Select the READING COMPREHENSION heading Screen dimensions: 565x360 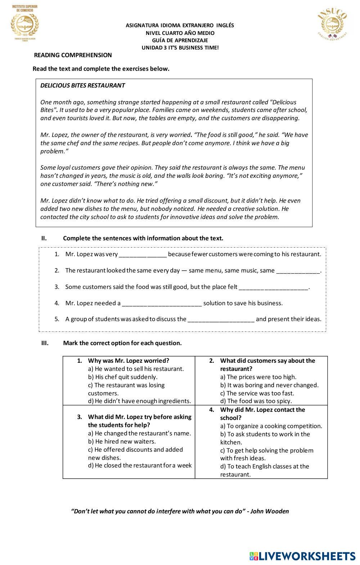(x=73, y=55)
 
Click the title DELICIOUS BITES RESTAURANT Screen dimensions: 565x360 (x=82, y=85)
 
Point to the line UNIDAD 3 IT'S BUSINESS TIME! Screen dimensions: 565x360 (x=180, y=48)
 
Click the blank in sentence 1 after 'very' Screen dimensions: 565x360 (x=143, y=254)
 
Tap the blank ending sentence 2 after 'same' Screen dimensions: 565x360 (x=298, y=271)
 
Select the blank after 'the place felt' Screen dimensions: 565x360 (x=274, y=287)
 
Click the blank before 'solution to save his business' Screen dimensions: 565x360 (x=162, y=303)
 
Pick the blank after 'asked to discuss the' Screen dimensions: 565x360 (x=221, y=319)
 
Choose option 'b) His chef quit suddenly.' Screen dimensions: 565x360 (x=123, y=377)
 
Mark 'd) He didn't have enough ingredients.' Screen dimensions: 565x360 (x=139, y=401)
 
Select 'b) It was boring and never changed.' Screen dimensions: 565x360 (x=269, y=385)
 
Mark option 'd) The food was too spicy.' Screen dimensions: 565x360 (x=256, y=401)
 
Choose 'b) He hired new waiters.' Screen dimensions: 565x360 (x=122, y=442)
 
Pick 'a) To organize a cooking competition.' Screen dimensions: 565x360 (x=271, y=426)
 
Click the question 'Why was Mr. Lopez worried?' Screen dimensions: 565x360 (x=129, y=361)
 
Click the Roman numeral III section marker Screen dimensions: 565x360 (x=45, y=343)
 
